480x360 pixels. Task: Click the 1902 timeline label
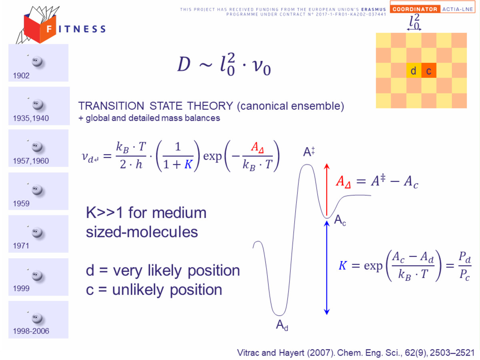[x=21, y=76]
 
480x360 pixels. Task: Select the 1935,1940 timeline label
[x=31, y=118]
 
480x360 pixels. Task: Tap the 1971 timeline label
[x=21, y=246]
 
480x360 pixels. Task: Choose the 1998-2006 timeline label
[x=31, y=331]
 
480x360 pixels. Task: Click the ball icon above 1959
[x=37, y=190]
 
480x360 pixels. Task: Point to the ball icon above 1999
[x=37, y=276]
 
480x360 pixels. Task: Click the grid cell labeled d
[x=414, y=70]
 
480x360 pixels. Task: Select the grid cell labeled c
[x=429, y=70]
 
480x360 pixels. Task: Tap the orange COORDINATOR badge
[x=415, y=9]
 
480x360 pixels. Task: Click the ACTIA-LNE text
[x=458, y=9]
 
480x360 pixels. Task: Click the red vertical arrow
[x=327, y=190]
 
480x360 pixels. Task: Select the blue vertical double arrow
[x=327, y=268]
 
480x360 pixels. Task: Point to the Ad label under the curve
[x=282, y=325]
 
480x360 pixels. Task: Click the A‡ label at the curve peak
[x=309, y=152]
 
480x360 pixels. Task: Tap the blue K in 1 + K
[x=188, y=164]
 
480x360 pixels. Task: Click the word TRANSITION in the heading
[x=111, y=106]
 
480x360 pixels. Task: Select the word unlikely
[x=138, y=290]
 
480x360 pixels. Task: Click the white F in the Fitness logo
[x=49, y=29]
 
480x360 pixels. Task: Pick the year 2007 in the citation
[x=319, y=353]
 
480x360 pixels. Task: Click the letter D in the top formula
[x=184, y=64]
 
